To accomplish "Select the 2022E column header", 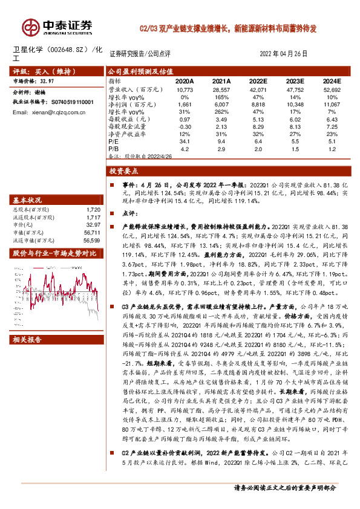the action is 258,80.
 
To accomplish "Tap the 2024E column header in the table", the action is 332,80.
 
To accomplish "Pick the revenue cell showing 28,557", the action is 221,88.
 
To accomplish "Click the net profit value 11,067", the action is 332,104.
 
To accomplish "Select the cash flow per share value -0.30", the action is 184,128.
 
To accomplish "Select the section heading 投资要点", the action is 124,172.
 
